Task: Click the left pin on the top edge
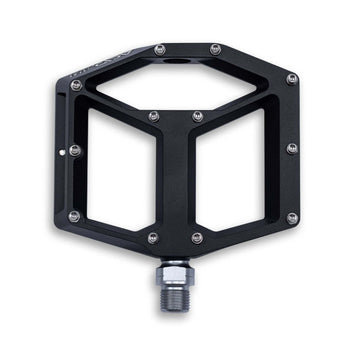pyautogui.click(x=160, y=48)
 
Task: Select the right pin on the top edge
pyautogui.click(x=215, y=48)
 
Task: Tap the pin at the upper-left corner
pyautogui.click(x=76, y=85)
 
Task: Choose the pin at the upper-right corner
pyautogui.click(x=292, y=78)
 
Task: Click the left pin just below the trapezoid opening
pyautogui.click(x=153, y=116)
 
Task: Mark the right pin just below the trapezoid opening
pyautogui.click(x=197, y=116)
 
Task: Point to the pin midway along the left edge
pyautogui.click(x=74, y=150)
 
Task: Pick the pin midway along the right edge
pyautogui.click(x=292, y=148)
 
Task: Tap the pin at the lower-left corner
pyautogui.click(x=74, y=216)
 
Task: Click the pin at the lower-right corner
pyautogui.click(x=292, y=217)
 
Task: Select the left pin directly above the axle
pyautogui.click(x=152, y=237)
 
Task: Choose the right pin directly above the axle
pyautogui.click(x=197, y=237)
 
